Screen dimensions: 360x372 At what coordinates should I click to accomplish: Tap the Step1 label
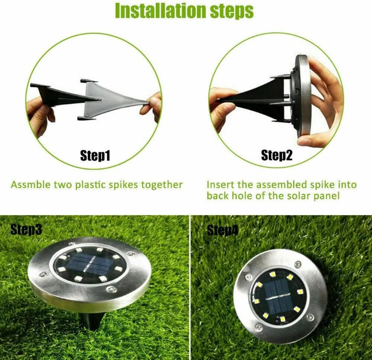95,156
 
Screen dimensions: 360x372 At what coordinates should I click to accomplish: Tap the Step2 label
277,156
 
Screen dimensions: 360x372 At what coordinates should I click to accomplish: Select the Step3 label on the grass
26,230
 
